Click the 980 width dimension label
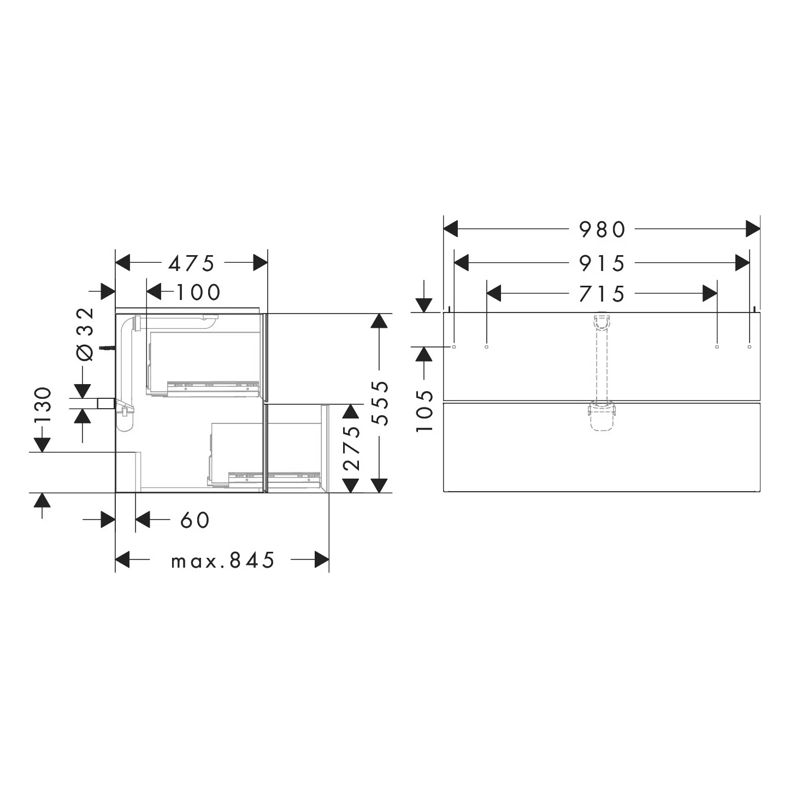602,229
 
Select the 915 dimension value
602,263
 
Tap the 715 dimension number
602,294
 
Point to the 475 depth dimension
191,263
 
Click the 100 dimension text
199,292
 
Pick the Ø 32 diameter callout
85,334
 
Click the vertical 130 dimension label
43,405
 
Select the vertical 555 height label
379,403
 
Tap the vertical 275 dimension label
351,448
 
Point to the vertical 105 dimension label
425,411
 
